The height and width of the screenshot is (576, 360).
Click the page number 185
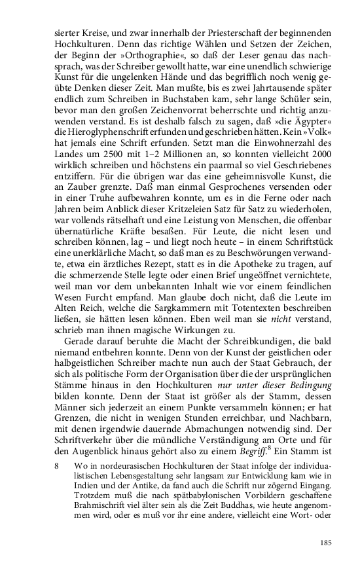point(324,543)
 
